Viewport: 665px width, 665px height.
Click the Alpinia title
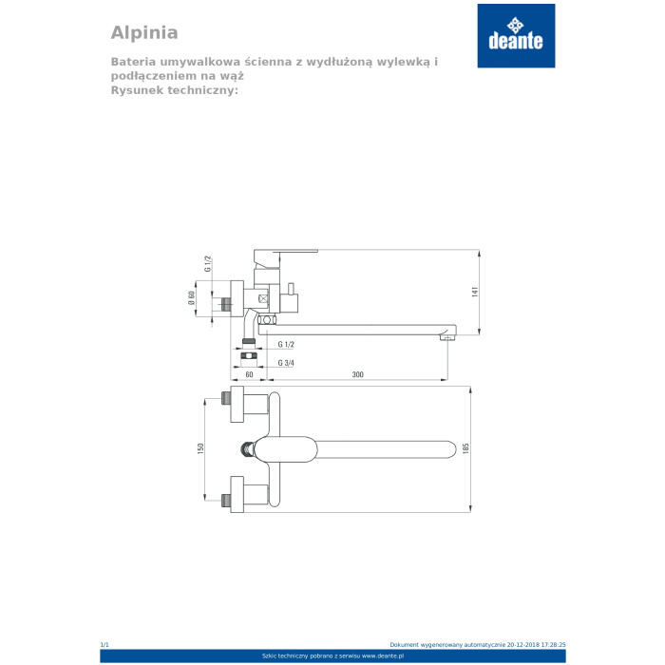click(x=144, y=33)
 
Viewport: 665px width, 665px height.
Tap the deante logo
click(x=516, y=36)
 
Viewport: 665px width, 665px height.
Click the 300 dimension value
click(x=357, y=374)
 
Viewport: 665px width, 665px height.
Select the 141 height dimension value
click(x=475, y=292)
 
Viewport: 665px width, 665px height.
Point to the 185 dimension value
click(x=465, y=448)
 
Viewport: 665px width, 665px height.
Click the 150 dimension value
click(x=200, y=448)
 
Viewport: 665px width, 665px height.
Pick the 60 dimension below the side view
click(x=249, y=374)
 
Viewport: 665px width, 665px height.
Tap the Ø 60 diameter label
click(x=191, y=297)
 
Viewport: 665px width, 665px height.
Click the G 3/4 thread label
click(x=286, y=363)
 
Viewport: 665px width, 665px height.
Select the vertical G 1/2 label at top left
click(x=207, y=264)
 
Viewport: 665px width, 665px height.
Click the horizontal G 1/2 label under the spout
click(x=286, y=344)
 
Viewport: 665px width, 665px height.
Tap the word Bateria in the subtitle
click(x=133, y=62)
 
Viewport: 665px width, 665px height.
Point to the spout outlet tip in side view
click(x=446, y=337)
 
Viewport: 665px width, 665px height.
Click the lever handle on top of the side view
click(x=285, y=256)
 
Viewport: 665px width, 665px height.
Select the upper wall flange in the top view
click(x=237, y=404)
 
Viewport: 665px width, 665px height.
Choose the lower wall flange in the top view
click(x=237, y=494)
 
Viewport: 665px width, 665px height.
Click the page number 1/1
click(x=104, y=645)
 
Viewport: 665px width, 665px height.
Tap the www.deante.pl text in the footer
click(x=383, y=656)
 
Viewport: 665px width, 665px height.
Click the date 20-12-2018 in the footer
click(x=523, y=645)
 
